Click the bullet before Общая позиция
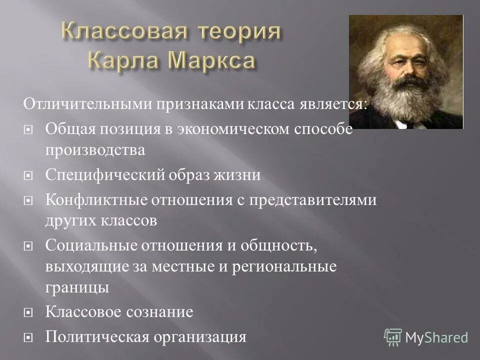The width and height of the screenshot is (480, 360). click(x=28, y=129)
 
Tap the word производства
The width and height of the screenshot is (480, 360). click(x=95, y=150)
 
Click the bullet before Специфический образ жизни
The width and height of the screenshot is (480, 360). click(x=28, y=175)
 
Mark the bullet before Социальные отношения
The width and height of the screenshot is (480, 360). click(x=28, y=246)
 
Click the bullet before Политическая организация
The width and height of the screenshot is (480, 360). click(x=28, y=337)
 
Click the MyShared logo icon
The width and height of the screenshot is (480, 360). click(x=393, y=337)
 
